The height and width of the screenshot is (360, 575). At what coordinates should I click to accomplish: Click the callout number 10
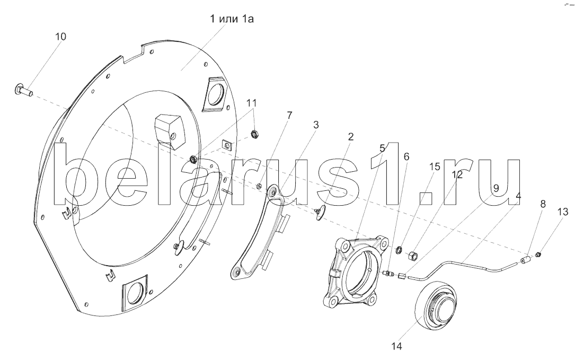(61, 37)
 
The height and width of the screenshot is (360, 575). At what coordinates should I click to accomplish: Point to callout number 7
(289, 116)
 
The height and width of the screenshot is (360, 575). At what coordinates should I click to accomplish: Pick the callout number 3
(316, 125)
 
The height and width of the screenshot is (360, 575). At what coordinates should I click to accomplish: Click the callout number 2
(351, 137)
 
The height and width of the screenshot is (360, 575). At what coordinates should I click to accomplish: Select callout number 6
(406, 157)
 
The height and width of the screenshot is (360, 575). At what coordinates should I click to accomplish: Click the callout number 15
(435, 166)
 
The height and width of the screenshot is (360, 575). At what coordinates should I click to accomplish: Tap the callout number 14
(396, 347)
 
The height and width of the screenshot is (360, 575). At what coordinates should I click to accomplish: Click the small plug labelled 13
(538, 255)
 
